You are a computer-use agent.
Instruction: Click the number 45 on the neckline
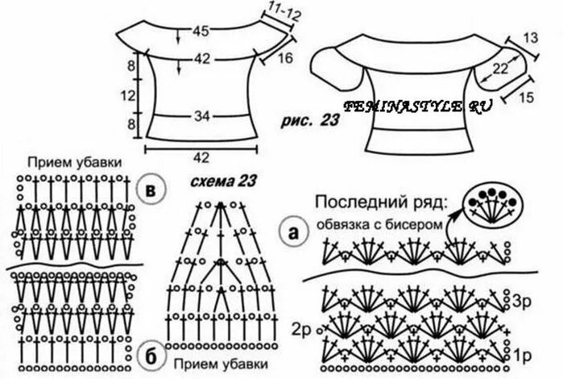click(x=202, y=32)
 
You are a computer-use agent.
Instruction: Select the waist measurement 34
click(x=201, y=117)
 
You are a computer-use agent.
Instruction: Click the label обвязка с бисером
click(x=379, y=223)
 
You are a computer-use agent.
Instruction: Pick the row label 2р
click(x=303, y=329)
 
